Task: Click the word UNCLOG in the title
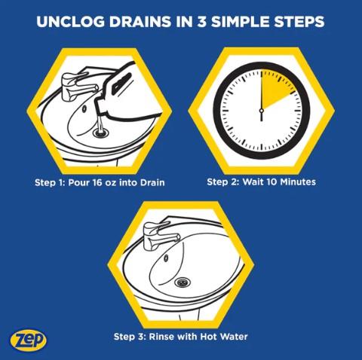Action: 71,21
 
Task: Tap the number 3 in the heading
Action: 201,21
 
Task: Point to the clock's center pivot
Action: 262,110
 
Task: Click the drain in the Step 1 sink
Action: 101,133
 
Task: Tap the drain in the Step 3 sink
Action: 183,282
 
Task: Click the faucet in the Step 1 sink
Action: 77,87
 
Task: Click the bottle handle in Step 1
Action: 122,82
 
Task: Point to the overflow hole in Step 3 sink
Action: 166,258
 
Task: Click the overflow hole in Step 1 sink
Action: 84,108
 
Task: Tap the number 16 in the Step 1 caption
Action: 97,182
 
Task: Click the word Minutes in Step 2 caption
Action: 298,182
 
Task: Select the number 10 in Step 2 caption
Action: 271,182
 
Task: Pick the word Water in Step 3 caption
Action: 233,336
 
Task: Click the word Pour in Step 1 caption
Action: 78,182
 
